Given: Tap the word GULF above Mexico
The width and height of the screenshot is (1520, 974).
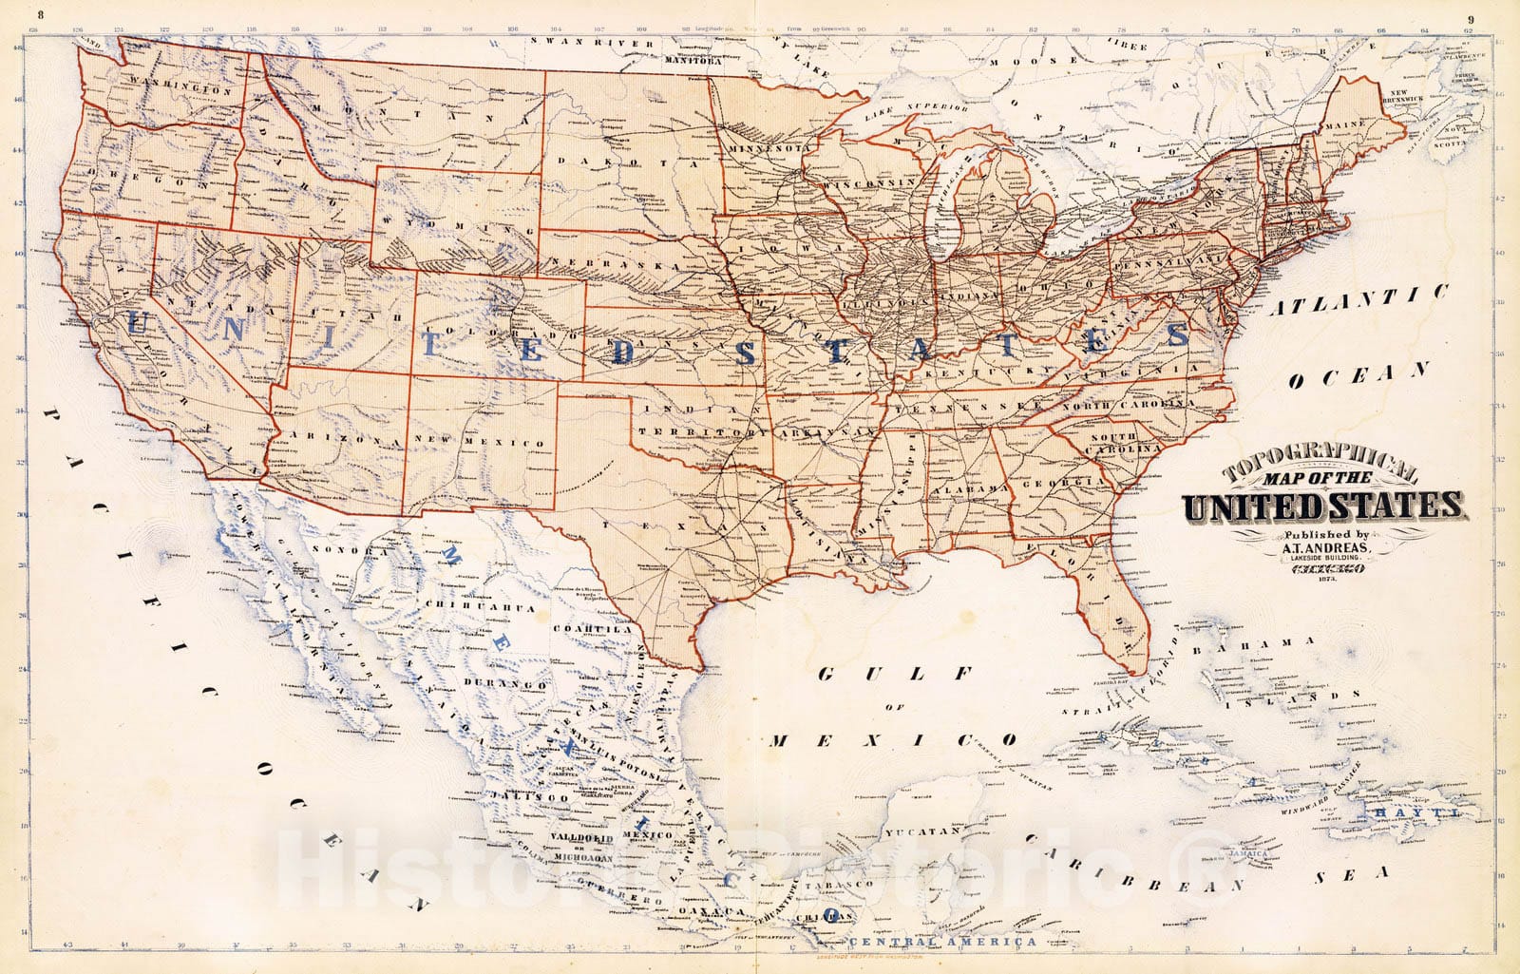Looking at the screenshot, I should (895, 674).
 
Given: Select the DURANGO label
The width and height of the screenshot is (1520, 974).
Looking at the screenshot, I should (505, 684).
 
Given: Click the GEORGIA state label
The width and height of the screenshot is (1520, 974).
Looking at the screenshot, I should (1064, 482).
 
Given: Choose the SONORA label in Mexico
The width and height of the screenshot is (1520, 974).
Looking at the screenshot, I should (358, 550).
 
